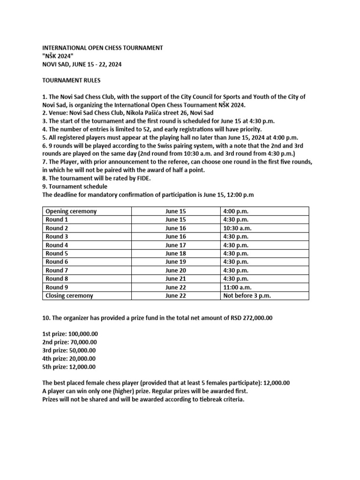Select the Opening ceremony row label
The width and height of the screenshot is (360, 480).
tap(71, 211)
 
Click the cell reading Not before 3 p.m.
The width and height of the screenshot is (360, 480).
tap(247, 295)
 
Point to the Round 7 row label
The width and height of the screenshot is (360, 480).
tap(57, 270)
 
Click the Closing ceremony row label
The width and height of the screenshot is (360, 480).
tap(69, 295)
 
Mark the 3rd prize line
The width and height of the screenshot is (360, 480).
tap(69, 350)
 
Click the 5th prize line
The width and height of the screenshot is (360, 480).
tap(69, 367)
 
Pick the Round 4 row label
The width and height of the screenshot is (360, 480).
tap(57, 245)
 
